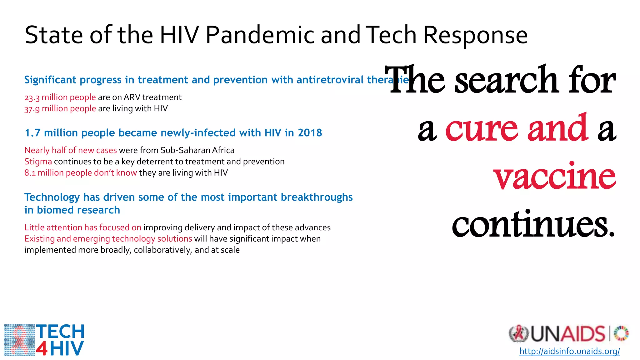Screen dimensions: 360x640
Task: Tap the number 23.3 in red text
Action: [x=32, y=98]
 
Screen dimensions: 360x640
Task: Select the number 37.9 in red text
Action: [x=32, y=109]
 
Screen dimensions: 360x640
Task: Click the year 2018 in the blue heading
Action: [x=310, y=133]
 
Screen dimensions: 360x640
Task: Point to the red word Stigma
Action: [x=38, y=162]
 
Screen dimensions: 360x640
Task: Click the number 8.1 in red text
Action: [x=30, y=173]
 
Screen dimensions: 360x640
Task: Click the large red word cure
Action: [x=481, y=128]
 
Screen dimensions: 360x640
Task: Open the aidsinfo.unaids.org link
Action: [x=569, y=351]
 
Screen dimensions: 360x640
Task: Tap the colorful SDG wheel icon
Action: [x=621, y=333]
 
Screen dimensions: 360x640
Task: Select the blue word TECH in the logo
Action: [x=60, y=332]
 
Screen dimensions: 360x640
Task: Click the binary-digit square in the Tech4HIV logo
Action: [x=19, y=340]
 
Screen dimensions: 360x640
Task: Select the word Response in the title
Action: [x=475, y=35]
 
